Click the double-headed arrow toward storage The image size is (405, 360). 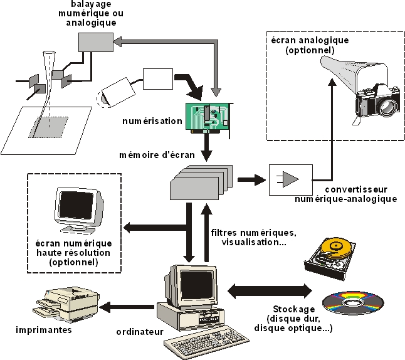[x=270, y=290]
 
